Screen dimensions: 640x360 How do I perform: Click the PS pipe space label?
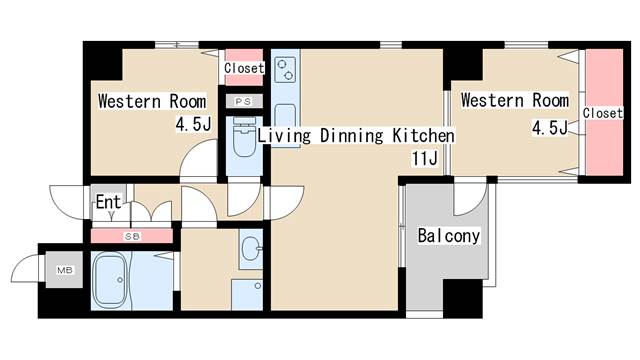tap(243, 101)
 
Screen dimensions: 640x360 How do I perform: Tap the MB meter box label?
tap(64, 270)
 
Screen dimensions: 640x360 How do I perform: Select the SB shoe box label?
tap(132, 236)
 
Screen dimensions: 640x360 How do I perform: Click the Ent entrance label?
tap(108, 202)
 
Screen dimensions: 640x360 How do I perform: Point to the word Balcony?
tap(449, 236)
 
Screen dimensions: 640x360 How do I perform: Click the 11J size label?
tap(424, 158)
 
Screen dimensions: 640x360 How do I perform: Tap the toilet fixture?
tap(244, 137)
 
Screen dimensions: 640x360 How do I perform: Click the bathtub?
tap(111, 281)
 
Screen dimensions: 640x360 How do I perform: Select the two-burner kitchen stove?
tap(285, 70)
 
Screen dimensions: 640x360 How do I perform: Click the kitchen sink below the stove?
tap(285, 116)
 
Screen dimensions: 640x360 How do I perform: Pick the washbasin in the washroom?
tap(251, 248)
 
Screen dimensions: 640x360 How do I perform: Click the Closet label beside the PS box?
tap(244, 68)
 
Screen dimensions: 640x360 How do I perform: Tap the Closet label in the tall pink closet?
tap(602, 113)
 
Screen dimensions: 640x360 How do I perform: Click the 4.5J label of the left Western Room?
tap(193, 124)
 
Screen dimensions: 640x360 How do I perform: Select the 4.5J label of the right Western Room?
tap(549, 128)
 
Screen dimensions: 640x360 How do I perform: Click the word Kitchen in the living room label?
tap(423, 136)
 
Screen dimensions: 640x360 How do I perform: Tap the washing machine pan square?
tap(247, 295)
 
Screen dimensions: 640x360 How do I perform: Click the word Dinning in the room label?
tap(351, 136)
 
